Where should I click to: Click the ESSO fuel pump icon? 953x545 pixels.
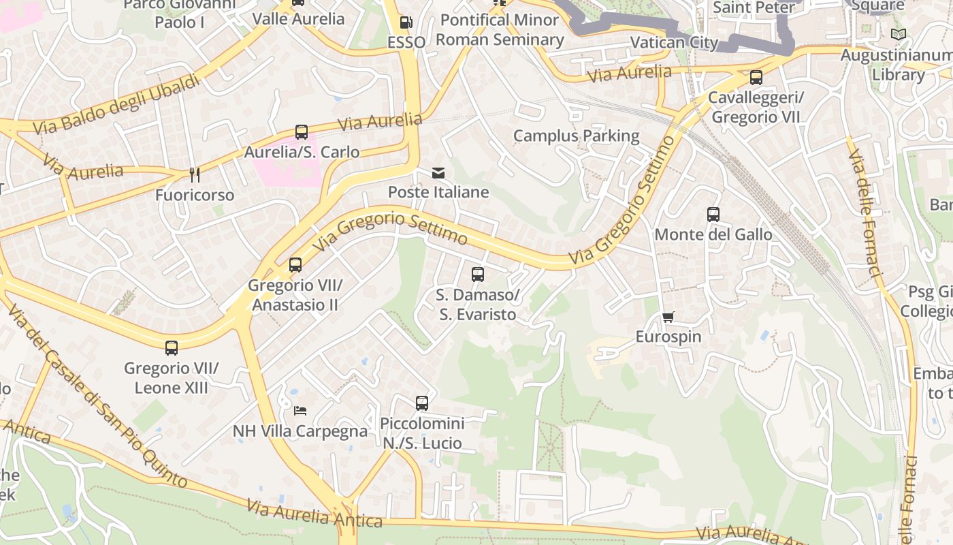406,22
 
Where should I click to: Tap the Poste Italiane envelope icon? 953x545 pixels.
438,173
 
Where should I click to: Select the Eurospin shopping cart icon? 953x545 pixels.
668,317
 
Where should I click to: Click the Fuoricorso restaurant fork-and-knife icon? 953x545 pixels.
195,175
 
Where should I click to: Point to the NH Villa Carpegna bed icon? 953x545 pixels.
300,410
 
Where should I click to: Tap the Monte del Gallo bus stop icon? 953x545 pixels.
713,215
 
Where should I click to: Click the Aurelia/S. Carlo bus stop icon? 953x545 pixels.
302,132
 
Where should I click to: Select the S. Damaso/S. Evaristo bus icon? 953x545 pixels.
478,275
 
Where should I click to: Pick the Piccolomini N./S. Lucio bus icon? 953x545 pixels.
422,403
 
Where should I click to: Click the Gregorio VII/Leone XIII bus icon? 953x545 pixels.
172,348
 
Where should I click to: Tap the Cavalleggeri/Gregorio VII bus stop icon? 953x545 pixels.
756,78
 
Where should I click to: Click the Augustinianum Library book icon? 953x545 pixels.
899,34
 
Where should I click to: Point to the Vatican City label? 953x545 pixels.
674,42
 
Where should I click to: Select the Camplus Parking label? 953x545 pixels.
576,136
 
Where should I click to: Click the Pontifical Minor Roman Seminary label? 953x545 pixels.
500,30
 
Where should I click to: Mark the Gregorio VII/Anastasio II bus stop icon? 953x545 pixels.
295,265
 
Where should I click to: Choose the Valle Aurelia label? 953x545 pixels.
298,18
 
